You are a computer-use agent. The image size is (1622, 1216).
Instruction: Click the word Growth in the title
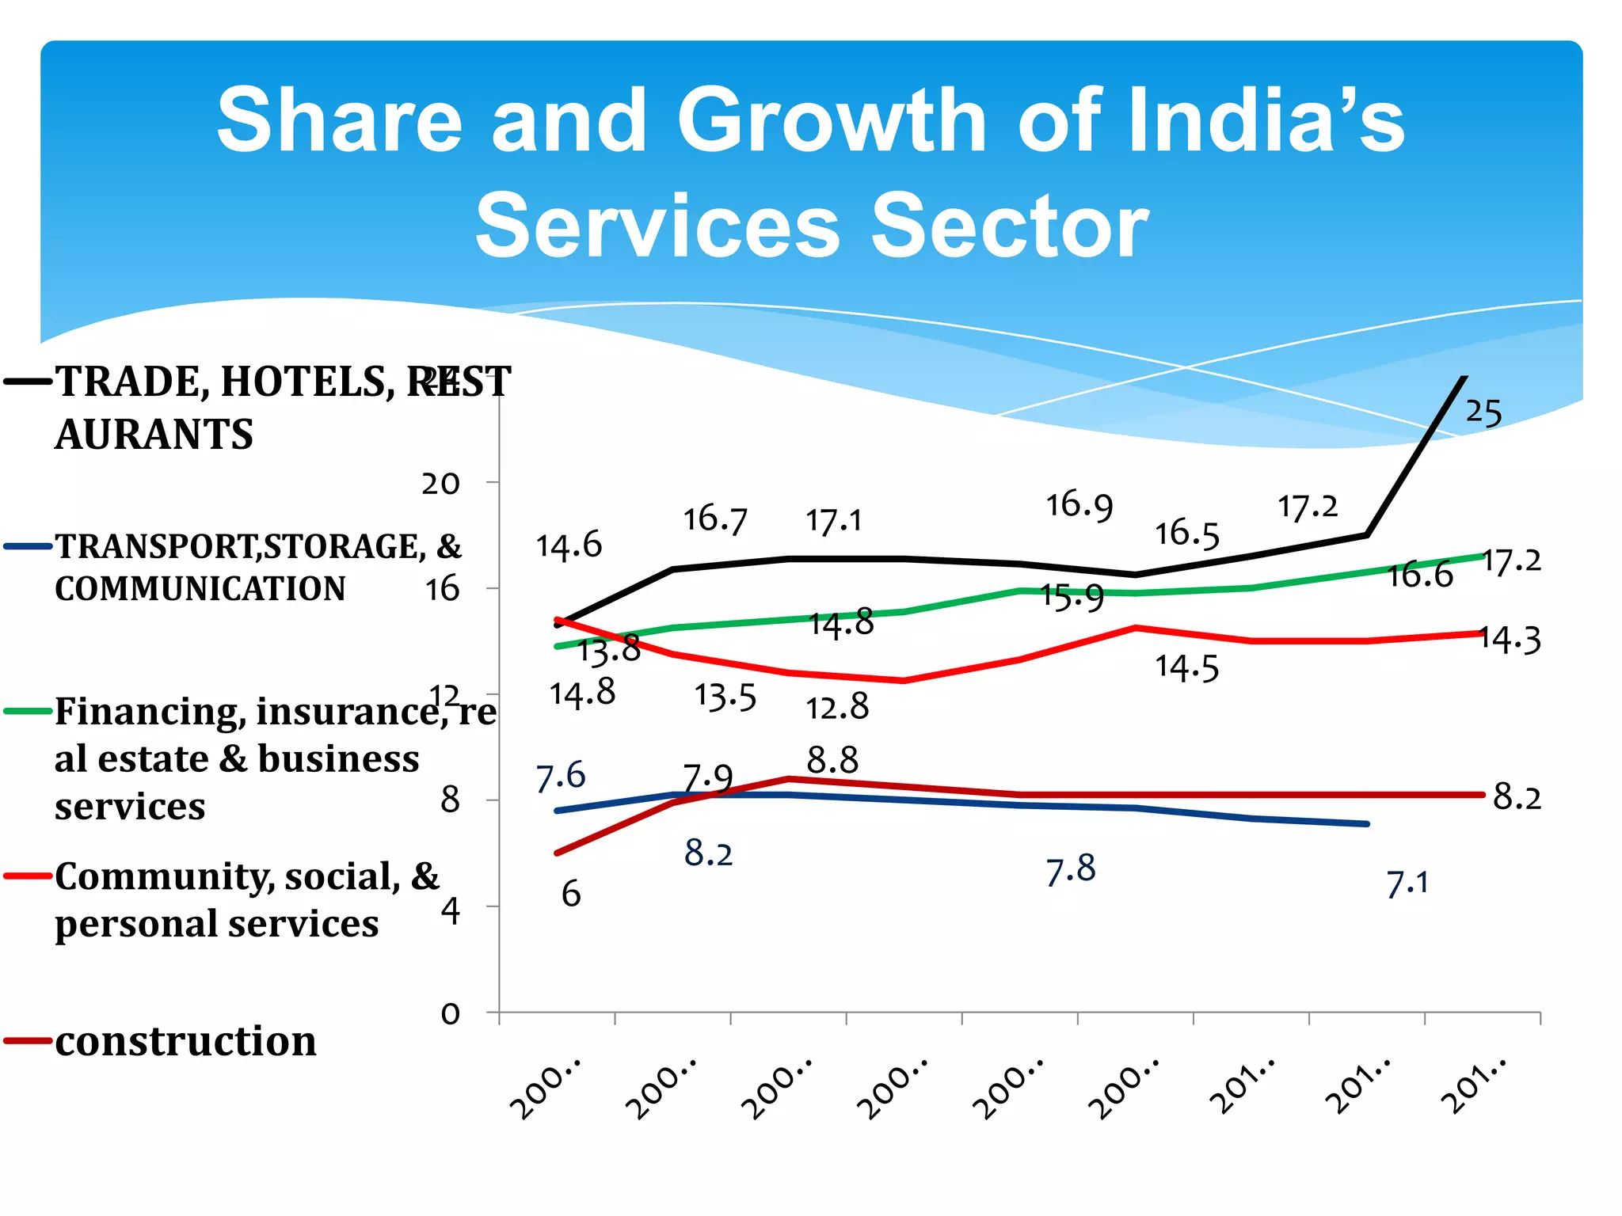[x=832, y=120]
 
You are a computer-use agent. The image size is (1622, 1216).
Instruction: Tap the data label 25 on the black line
[x=1483, y=412]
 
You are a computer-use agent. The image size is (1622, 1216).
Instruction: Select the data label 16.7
[x=714, y=520]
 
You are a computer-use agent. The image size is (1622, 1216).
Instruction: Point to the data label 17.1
[x=833, y=522]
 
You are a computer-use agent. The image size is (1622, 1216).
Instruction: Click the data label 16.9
[x=1079, y=506]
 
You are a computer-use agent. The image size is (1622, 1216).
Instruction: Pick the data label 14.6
[x=569, y=546]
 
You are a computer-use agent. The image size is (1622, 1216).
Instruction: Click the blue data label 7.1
[x=1407, y=883]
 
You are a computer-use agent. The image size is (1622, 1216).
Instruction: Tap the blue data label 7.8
[x=1071, y=871]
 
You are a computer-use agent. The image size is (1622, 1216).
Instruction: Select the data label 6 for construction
[x=571, y=895]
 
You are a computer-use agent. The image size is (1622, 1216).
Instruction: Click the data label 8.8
[x=832, y=761]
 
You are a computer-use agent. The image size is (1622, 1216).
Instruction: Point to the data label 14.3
[x=1510, y=640]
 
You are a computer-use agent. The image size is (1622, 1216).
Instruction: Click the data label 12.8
[x=836, y=707]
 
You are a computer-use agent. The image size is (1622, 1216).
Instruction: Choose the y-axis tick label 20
[x=440, y=483]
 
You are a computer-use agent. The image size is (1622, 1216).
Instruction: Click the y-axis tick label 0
[x=450, y=1013]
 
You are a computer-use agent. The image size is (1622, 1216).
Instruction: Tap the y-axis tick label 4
[x=450, y=912]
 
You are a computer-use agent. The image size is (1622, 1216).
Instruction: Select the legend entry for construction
[x=185, y=1041]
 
